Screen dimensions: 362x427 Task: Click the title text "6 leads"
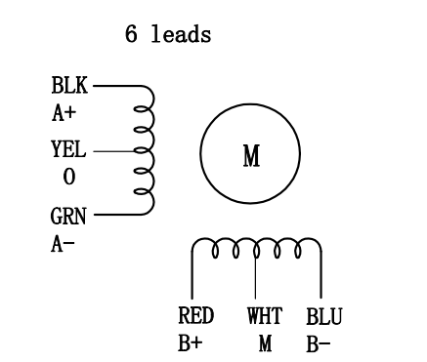[168, 35]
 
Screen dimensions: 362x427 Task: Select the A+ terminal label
[64, 114]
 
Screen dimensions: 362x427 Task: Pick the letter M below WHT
[265, 343]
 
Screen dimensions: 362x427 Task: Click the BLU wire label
[324, 317]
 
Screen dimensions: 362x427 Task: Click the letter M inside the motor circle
[250, 157]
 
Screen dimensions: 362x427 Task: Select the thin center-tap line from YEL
[115, 150]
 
